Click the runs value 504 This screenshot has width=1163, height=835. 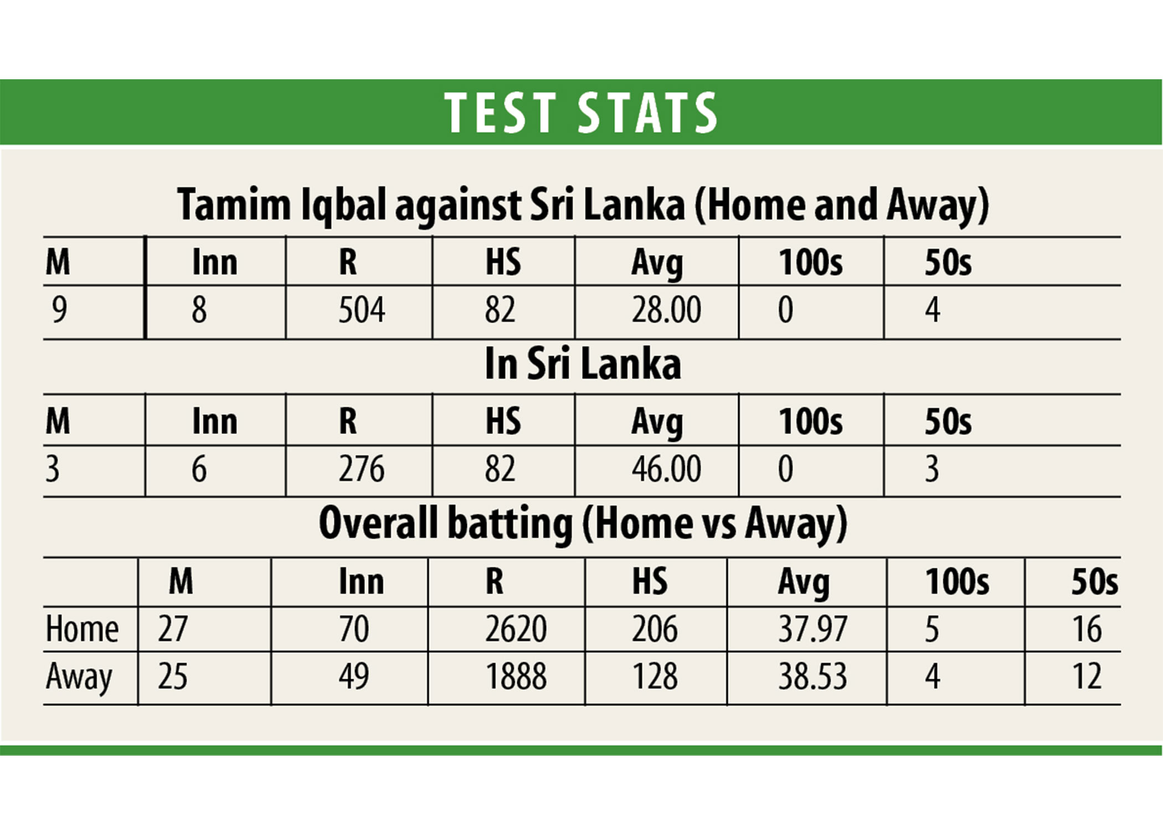click(361, 310)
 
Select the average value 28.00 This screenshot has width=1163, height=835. click(666, 310)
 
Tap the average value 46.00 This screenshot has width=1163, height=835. click(666, 469)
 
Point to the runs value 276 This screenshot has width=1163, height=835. click(361, 469)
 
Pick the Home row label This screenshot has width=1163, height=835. click(82, 629)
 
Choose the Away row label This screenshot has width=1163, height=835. click(79, 677)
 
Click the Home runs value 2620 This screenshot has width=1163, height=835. click(516, 629)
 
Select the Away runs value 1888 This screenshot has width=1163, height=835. click(516, 677)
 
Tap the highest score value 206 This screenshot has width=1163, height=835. click(654, 629)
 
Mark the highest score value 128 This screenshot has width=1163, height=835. click(654, 677)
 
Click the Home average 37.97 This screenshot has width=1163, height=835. click(812, 629)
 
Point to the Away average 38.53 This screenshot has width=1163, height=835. click(812, 677)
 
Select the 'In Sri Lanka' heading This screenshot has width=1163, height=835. click(583, 365)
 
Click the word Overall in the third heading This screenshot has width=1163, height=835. click(378, 523)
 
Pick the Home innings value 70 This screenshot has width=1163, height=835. click(354, 629)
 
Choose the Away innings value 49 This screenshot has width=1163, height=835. click(354, 677)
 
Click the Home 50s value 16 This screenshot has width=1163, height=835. click(1087, 629)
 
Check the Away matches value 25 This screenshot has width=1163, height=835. click(172, 677)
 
